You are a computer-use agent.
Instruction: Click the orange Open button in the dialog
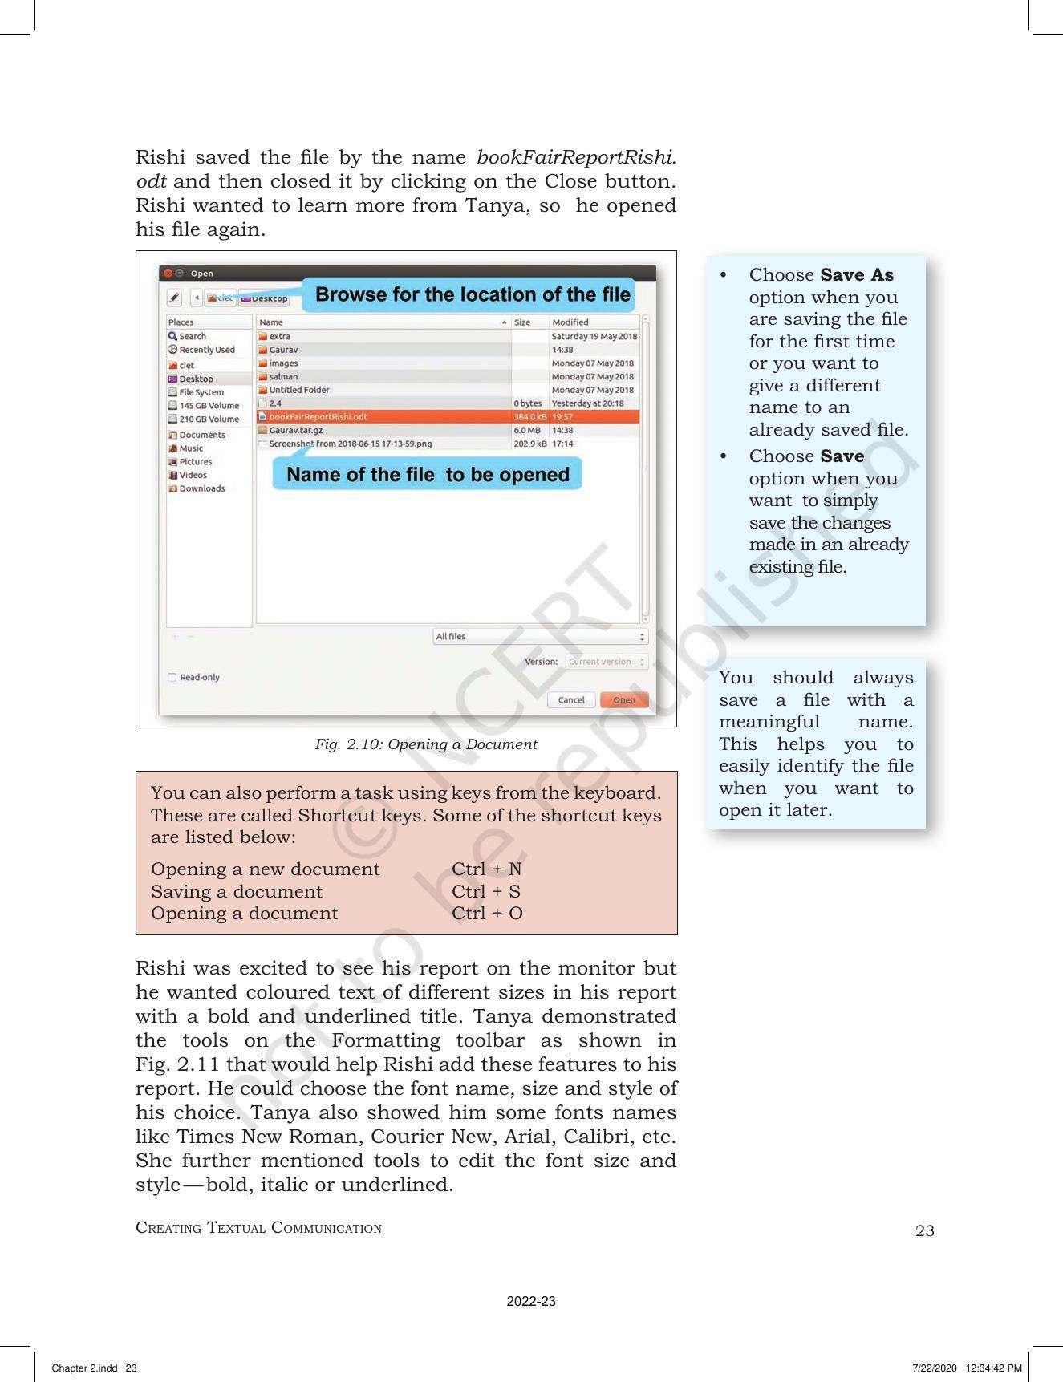(623, 699)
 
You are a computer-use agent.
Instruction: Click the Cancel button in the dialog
(571, 699)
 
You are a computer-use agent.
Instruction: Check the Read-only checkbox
(172, 677)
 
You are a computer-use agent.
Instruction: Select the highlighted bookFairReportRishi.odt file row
(318, 416)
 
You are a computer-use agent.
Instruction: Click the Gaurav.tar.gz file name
(295, 430)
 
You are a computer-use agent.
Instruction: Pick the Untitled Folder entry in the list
(298, 390)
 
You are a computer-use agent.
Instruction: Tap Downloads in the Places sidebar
(201, 488)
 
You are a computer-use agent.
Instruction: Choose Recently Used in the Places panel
(206, 350)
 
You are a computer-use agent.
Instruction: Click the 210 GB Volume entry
(209, 419)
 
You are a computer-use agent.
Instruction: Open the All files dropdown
(540, 636)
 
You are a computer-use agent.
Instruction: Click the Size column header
(522, 322)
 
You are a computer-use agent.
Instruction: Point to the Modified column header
(570, 322)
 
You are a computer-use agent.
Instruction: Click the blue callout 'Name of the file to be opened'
(428, 474)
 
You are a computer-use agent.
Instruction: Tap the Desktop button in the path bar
(265, 298)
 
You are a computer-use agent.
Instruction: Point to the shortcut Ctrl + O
(487, 913)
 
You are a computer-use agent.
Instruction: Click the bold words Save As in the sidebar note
(856, 274)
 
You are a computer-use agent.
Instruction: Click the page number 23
(924, 1230)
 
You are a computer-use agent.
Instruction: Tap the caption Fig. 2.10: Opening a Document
(425, 744)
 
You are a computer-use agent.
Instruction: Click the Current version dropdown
(606, 662)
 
